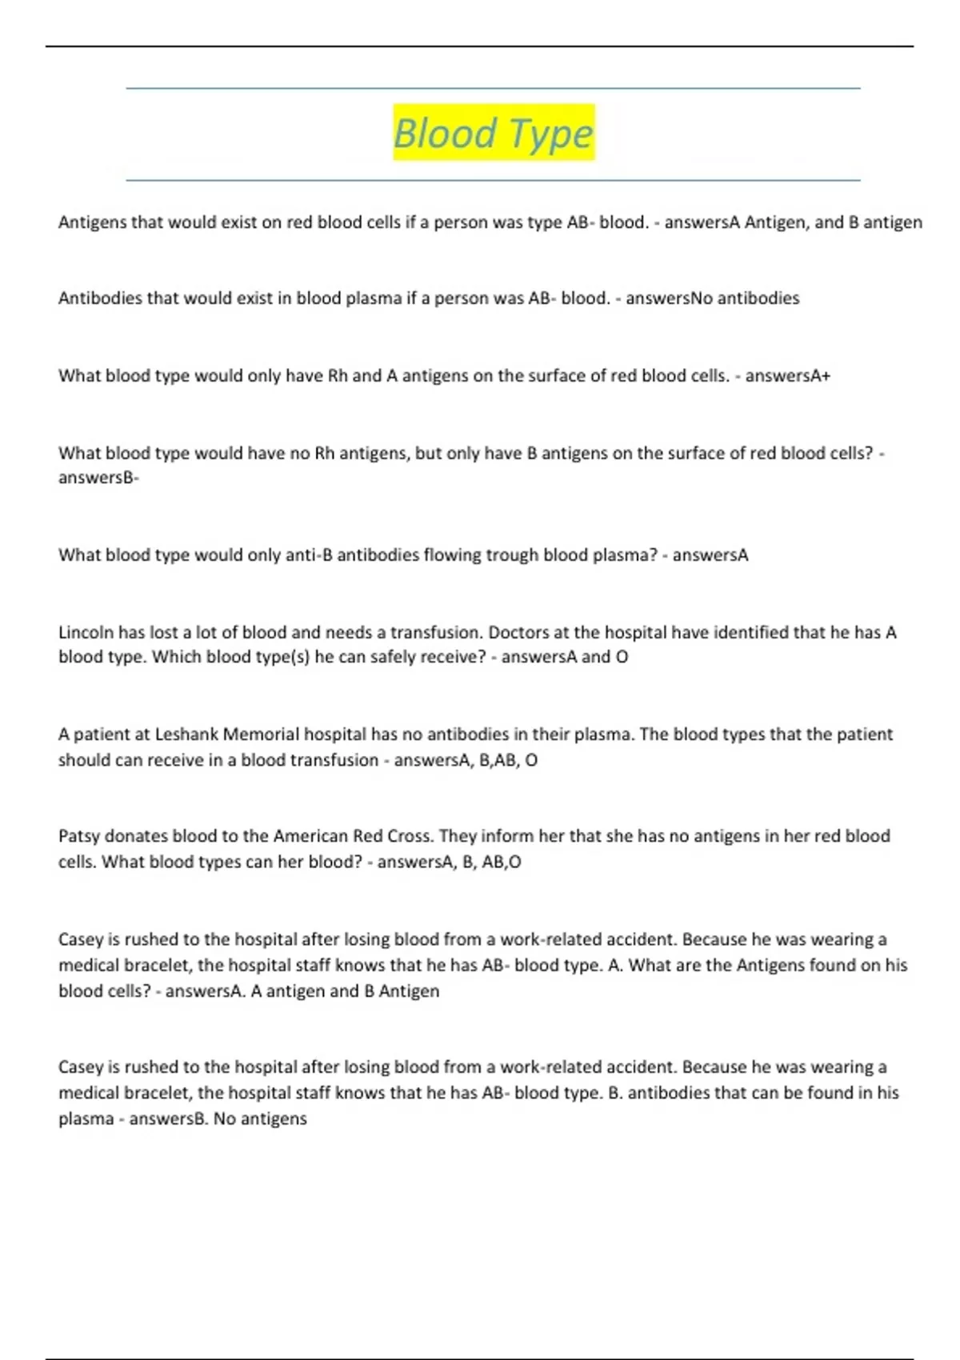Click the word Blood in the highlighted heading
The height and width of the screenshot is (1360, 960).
(x=445, y=133)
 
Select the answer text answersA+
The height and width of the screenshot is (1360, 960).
(x=788, y=375)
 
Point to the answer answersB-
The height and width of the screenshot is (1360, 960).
(x=98, y=478)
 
